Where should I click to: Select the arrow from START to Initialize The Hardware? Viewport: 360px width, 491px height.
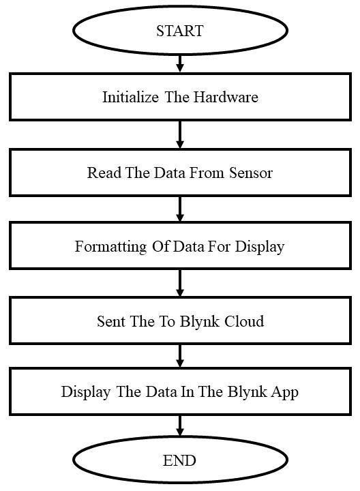(x=180, y=63)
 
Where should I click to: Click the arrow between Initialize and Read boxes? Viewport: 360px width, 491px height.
(x=180, y=134)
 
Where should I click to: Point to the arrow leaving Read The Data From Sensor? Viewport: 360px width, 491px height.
(x=180, y=209)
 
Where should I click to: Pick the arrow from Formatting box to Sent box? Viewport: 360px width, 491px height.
(x=180, y=283)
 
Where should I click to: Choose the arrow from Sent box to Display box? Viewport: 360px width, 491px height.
(x=180, y=356)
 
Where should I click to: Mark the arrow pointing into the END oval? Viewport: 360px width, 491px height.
(x=180, y=426)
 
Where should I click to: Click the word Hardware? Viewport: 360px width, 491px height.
(x=226, y=97)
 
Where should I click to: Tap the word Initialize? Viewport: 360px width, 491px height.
(x=130, y=97)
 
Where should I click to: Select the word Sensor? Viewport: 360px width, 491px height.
(x=251, y=173)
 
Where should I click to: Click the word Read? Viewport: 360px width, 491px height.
(x=104, y=173)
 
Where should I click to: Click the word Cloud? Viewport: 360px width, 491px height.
(x=245, y=321)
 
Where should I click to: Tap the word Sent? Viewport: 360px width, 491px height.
(x=111, y=321)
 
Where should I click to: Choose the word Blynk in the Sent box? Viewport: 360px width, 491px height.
(x=200, y=322)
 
